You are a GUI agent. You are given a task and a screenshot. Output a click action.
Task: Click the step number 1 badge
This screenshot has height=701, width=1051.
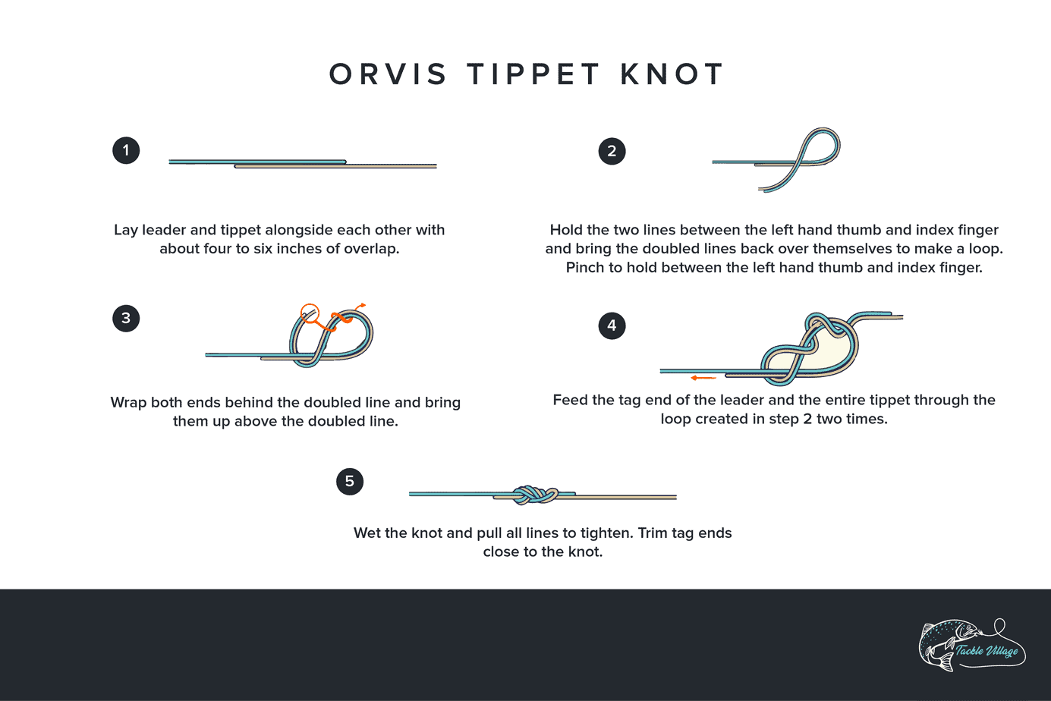point(126,150)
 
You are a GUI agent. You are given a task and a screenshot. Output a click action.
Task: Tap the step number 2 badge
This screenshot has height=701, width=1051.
point(612,151)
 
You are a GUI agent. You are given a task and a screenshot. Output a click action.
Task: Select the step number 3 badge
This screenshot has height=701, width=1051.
point(126,318)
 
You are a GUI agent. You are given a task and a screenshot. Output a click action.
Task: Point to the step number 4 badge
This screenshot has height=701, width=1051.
point(612,325)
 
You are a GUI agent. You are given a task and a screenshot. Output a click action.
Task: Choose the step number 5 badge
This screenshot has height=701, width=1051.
point(349,481)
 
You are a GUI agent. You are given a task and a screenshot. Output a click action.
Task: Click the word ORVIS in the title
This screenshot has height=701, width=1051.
point(388,74)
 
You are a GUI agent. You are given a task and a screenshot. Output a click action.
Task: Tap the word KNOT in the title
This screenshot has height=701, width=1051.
point(672,74)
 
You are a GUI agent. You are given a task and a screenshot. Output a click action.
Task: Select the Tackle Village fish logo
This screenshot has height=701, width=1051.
point(972,646)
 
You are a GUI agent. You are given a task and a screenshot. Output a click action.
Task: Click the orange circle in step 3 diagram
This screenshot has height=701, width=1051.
point(310,312)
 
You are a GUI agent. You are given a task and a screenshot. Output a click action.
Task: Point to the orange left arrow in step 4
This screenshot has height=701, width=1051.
point(703,378)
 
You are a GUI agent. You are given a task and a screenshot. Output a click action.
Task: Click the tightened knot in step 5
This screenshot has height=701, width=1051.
point(535,495)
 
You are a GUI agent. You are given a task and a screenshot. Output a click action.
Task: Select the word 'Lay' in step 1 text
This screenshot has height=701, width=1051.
point(126,230)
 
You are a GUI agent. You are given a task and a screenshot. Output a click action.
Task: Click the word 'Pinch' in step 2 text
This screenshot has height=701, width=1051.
point(585,268)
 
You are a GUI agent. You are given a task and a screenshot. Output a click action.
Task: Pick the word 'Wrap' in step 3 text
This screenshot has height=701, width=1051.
point(128,402)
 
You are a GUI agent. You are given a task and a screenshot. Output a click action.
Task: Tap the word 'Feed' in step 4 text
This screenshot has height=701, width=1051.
point(570,400)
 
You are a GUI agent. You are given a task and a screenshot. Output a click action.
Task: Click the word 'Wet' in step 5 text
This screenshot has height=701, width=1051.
point(367,533)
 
